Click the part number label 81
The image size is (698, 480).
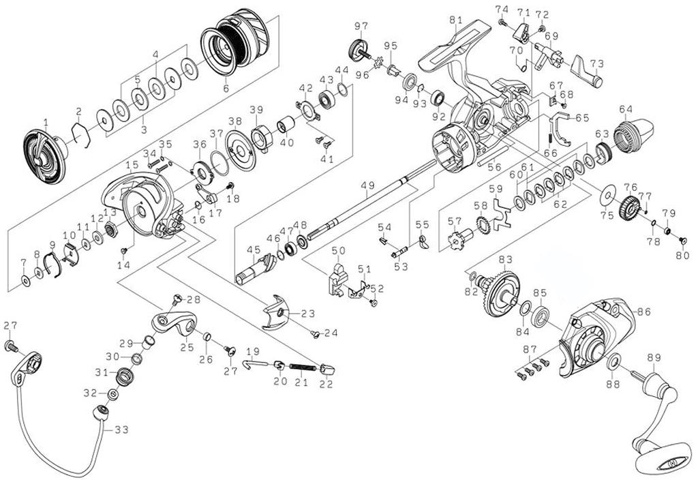tap(456, 20)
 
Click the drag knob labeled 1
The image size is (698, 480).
tap(44, 156)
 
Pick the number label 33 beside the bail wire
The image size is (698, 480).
tap(121, 430)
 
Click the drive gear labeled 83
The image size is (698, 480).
tap(501, 294)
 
